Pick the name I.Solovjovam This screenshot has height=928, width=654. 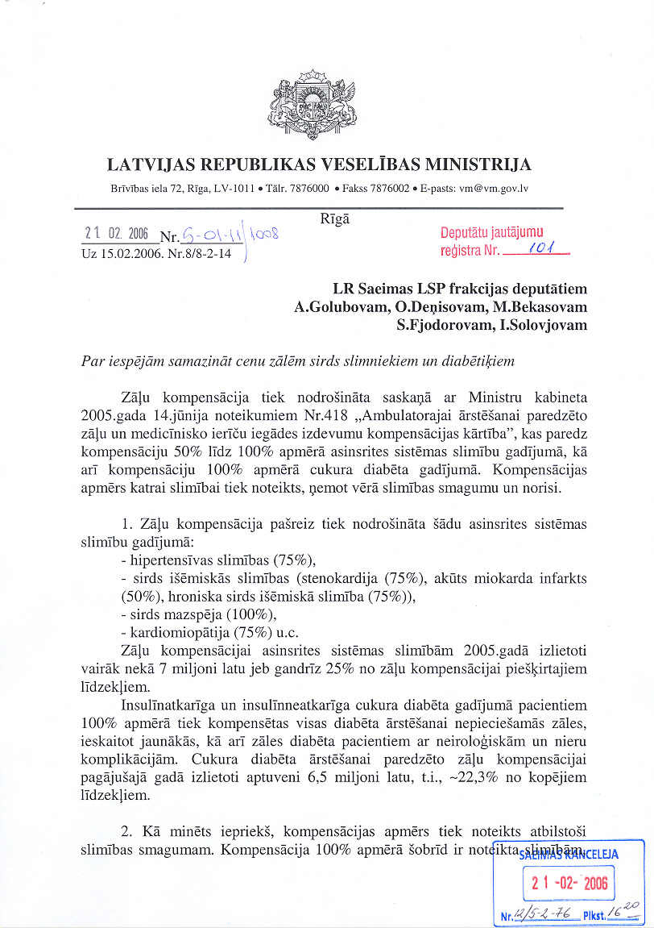click(544, 325)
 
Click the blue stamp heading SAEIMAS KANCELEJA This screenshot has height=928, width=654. click(569, 855)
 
